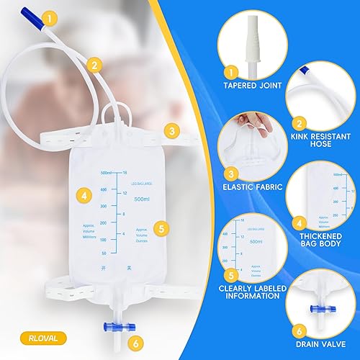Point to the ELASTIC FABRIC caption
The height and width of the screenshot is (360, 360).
coord(252,192)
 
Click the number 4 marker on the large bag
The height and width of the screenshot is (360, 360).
coord(85,194)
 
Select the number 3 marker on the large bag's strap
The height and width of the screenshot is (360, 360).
coord(171,130)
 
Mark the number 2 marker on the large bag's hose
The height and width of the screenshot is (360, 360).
coord(94,63)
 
